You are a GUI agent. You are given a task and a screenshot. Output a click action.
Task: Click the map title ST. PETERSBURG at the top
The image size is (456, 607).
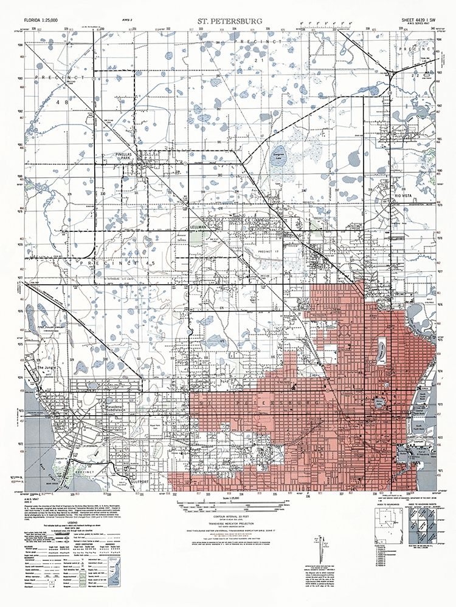229,21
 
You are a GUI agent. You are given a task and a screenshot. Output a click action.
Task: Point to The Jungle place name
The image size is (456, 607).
47,368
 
